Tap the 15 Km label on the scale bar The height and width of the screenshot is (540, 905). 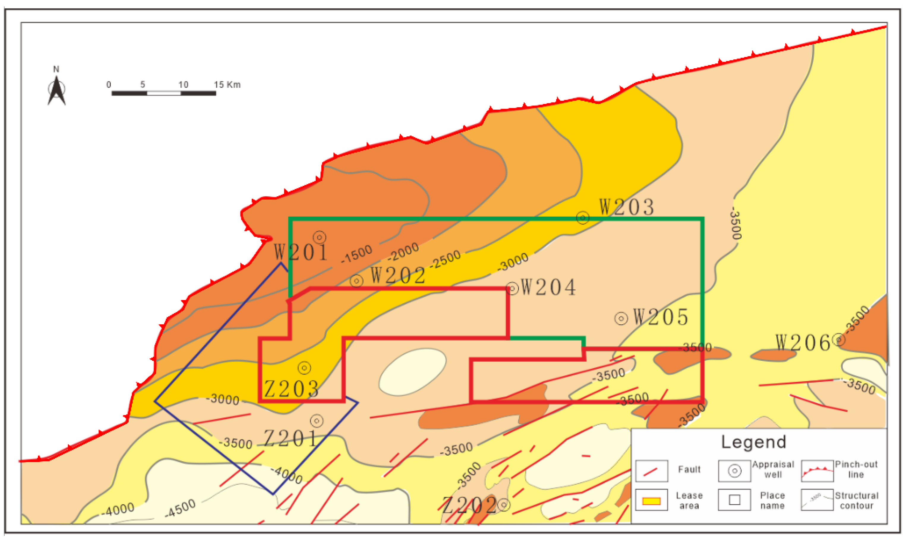click(227, 85)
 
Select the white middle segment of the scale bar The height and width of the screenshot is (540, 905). click(164, 93)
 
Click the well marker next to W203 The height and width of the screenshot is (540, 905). click(582, 218)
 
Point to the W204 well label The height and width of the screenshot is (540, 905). click(548, 287)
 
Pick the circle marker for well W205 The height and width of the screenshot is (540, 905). click(621, 319)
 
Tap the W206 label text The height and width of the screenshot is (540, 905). click(803, 342)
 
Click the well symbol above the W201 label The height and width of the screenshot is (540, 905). click(319, 237)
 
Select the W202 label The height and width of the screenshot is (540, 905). click(398, 275)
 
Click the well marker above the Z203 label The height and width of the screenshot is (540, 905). click(304, 367)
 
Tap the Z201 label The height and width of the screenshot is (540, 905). click(290, 438)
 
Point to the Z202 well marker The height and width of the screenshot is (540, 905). click(503, 504)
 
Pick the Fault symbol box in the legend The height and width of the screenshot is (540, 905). click(651, 471)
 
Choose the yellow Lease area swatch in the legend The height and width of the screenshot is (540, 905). click(651, 501)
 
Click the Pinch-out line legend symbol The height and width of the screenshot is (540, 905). click(817, 471)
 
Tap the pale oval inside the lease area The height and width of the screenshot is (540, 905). click(412, 372)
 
